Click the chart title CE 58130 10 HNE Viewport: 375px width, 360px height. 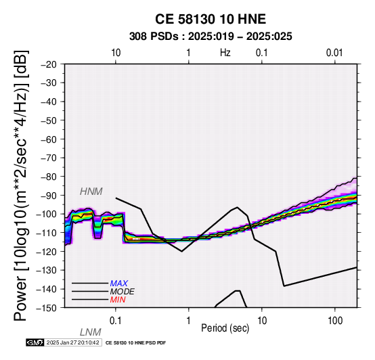(x=211, y=19)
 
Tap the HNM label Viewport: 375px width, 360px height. (x=91, y=192)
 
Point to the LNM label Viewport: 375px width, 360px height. (x=91, y=332)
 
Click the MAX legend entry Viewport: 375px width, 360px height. (x=119, y=284)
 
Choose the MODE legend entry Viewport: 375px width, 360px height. (x=123, y=292)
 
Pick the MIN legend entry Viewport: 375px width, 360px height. (x=118, y=300)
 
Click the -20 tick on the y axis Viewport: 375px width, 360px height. (x=49, y=64)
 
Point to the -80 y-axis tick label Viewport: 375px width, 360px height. (x=49, y=177)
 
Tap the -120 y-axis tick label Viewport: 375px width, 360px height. (x=47, y=252)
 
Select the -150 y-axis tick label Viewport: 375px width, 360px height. (x=47, y=308)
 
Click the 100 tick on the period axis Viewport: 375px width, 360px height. (x=335, y=321)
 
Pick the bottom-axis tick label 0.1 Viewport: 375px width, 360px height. (x=116, y=321)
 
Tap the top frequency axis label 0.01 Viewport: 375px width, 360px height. (x=334, y=53)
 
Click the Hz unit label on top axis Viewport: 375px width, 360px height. (x=225, y=53)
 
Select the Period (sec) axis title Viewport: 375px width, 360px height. (x=225, y=328)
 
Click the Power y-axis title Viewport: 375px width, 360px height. (x=21, y=185)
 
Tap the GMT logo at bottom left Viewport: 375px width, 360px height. (x=35, y=342)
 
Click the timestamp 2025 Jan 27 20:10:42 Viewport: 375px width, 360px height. (x=73, y=342)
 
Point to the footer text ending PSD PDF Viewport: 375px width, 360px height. (x=135, y=343)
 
